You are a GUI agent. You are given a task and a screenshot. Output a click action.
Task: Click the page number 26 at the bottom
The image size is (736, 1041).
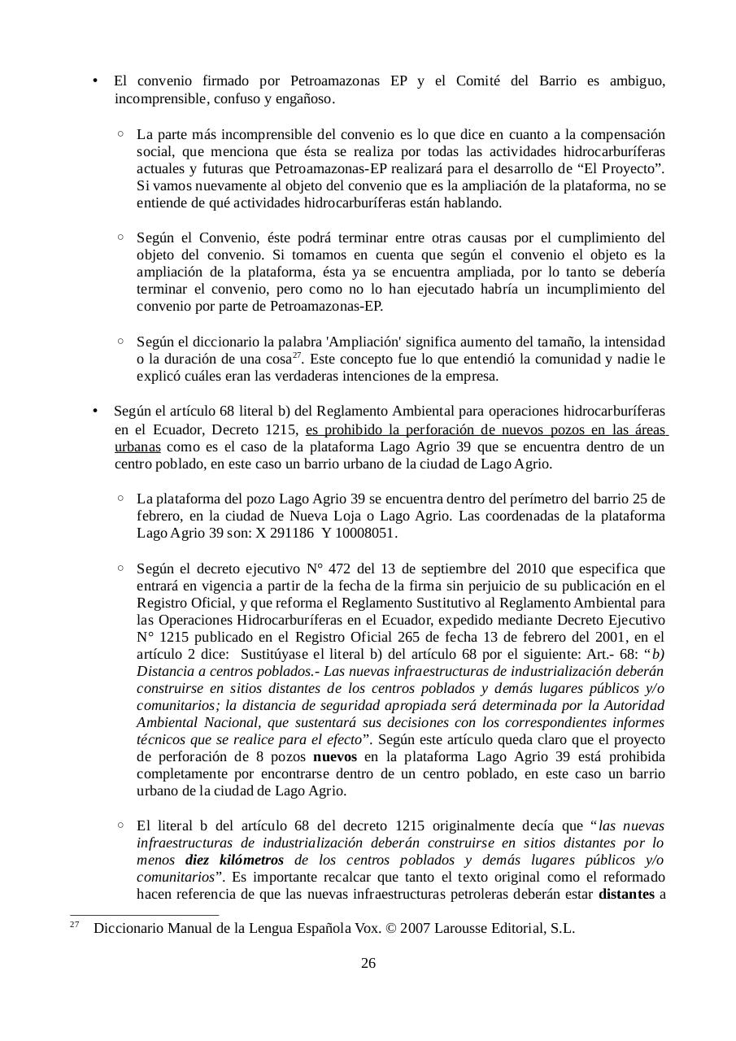click(368, 964)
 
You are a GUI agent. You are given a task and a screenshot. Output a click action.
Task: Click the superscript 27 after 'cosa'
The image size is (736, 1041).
click(297, 355)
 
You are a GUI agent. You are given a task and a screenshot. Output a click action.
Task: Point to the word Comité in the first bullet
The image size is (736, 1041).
click(481, 81)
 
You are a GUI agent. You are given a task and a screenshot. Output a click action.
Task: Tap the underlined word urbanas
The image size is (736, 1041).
click(137, 446)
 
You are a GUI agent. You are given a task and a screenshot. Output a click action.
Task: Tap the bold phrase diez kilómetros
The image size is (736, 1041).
click(234, 860)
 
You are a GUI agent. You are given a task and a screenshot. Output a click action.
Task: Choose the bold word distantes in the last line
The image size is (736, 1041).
click(626, 895)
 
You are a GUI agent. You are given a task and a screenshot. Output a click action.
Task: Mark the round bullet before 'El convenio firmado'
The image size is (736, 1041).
click(95, 81)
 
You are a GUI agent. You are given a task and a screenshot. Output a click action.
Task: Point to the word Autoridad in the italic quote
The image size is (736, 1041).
click(633, 705)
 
